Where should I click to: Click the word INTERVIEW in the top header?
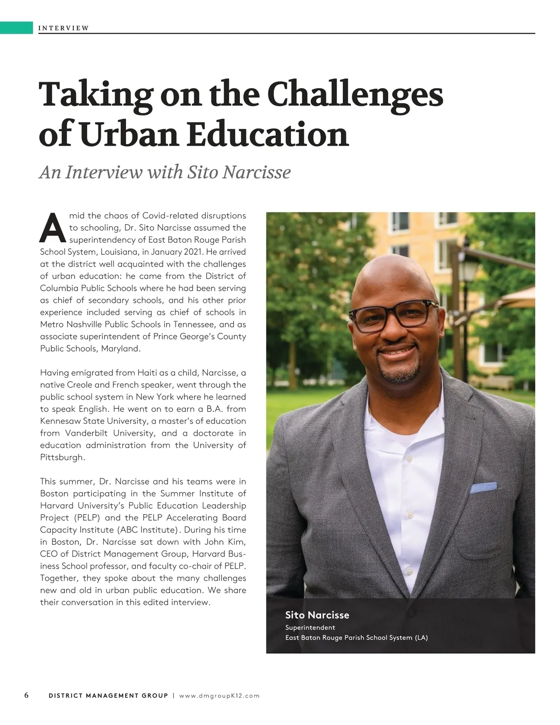[x=63, y=28]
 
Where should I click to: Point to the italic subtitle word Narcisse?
[x=256, y=172]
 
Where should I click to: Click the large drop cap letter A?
[x=53, y=229]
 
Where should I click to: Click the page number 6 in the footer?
[x=27, y=696]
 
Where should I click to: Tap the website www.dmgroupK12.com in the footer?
[x=219, y=696]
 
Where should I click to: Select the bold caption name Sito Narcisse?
[x=317, y=615]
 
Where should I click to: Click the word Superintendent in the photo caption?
[x=310, y=627]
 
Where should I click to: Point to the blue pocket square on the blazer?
[x=483, y=488]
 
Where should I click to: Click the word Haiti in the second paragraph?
[x=147, y=373]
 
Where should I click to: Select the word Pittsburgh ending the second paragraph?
[x=62, y=458]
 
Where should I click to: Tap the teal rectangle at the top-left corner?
[x=16, y=27]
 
